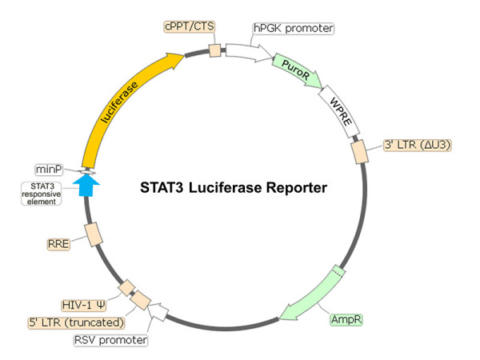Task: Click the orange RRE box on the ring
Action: pyautogui.click(x=93, y=233)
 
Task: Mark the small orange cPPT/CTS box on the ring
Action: pyautogui.click(x=214, y=51)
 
